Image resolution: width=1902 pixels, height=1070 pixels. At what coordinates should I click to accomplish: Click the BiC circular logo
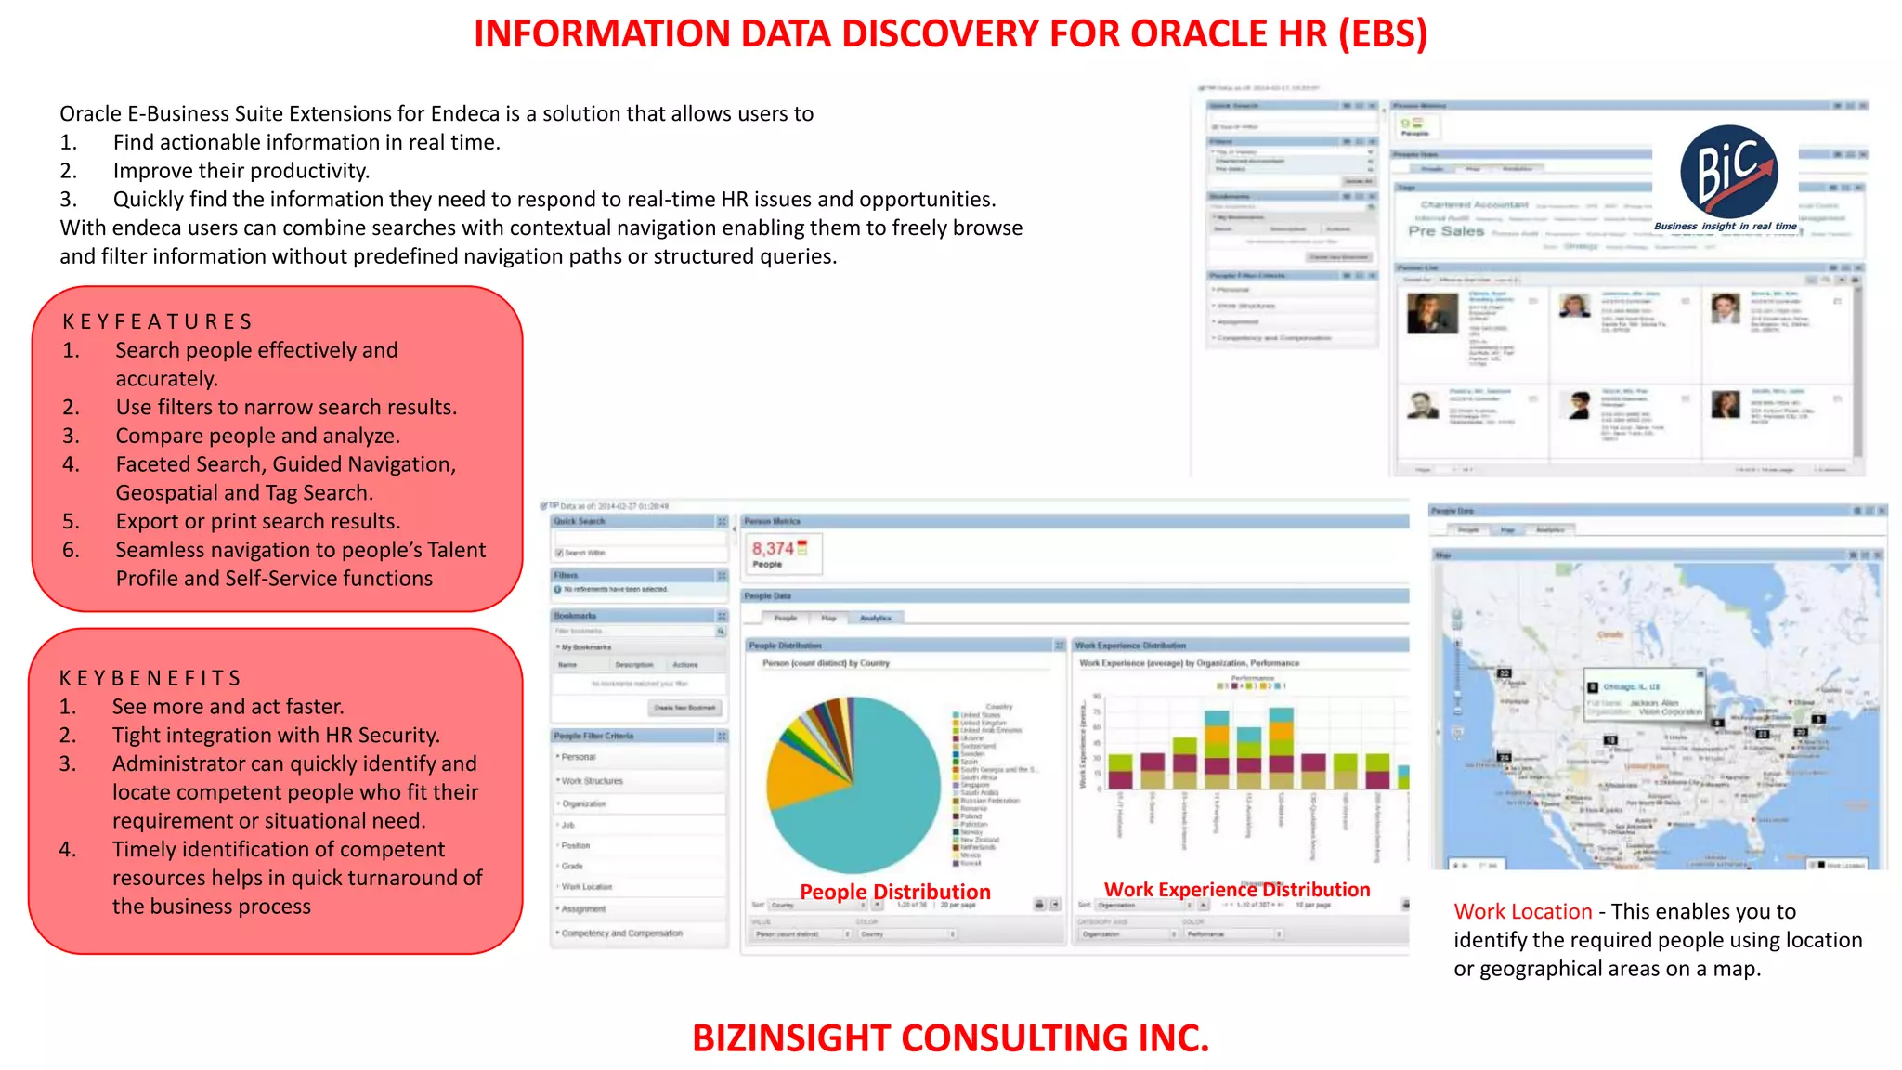1728,172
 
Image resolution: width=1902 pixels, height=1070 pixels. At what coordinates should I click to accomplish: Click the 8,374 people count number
773,549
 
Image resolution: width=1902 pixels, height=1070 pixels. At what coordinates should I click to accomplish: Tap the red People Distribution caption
894,892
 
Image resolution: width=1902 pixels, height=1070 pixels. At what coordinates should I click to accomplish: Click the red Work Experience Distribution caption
1236,890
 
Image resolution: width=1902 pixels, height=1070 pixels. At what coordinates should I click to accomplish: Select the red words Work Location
1522,911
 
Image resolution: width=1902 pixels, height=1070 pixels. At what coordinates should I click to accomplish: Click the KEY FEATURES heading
157,321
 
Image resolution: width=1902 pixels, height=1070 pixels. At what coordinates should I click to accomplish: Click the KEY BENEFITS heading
150,678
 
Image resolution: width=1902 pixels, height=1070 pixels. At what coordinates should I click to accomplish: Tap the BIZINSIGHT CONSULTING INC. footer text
950,1037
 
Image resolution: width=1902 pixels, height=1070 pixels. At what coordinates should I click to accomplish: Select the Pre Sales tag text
1446,231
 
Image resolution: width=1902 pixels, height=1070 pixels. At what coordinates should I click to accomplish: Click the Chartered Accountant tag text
1474,204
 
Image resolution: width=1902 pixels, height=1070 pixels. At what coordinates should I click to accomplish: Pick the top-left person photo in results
1432,313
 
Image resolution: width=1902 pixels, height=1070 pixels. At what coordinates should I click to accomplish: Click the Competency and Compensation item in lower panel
621,933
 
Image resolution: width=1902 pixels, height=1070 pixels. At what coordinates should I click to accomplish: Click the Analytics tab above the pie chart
875,618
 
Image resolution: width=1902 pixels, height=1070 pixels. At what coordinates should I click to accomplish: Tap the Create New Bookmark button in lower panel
684,708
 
